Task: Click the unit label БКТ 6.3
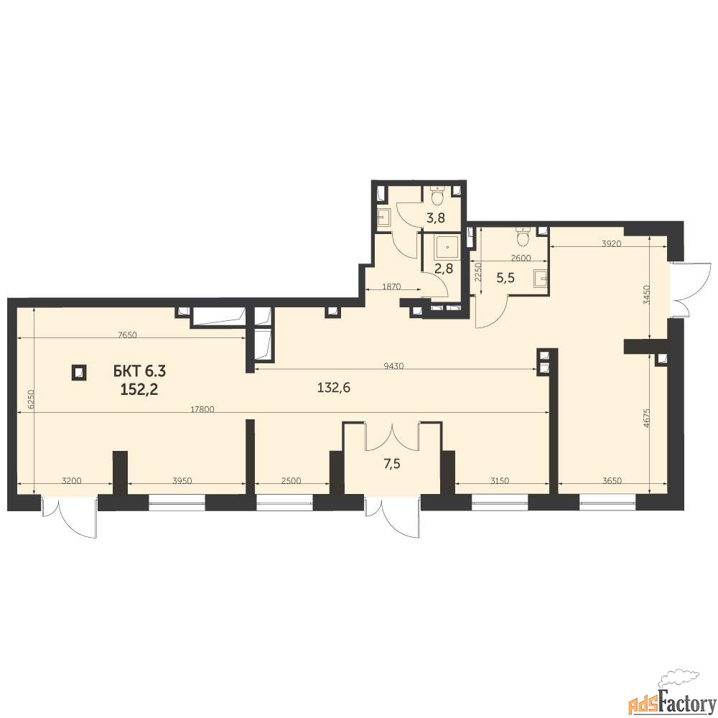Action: pyautogui.click(x=140, y=371)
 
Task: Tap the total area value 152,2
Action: pyautogui.click(x=140, y=389)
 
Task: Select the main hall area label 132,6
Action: pyautogui.click(x=334, y=388)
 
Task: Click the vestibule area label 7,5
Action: pyautogui.click(x=392, y=464)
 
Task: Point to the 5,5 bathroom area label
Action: pyautogui.click(x=505, y=277)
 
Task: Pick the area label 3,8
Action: pyautogui.click(x=436, y=218)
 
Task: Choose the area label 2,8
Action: pyautogui.click(x=443, y=268)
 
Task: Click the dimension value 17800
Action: pyautogui.click(x=202, y=410)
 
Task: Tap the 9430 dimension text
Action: pyautogui.click(x=393, y=365)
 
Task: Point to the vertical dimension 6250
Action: pyautogui.click(x=30, y=398)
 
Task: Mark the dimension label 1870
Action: pyautogui.click(x=391, y=286)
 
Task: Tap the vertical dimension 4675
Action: pyautogui.click(x=645, y=418)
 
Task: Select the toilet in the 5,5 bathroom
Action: pyautogui.click(x=523, y=236)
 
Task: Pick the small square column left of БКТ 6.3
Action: pyautogui.click(x=80, y=372)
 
